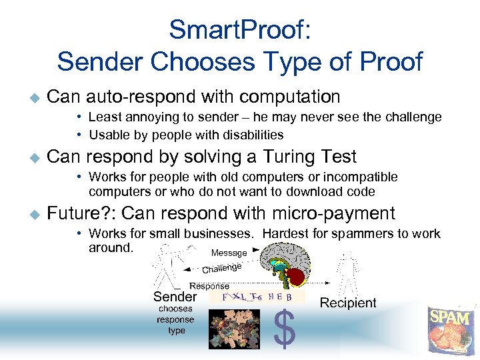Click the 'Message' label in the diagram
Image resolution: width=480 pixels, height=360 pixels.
point(229,253)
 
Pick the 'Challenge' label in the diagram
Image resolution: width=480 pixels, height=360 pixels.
point(221,268)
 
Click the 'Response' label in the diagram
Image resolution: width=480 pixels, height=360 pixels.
point(209,285)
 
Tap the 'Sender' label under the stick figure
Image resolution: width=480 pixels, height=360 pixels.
point(175,297)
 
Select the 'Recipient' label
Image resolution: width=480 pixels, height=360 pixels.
point(348,303)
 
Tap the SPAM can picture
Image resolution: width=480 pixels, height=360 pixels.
point(449,330)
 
